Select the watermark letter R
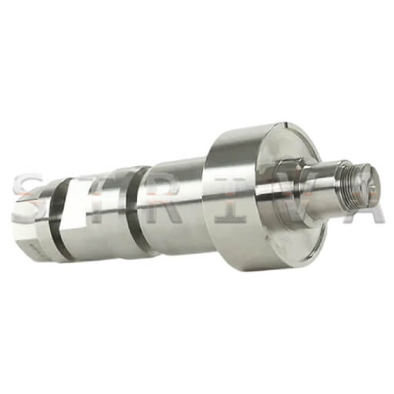click(164, 199)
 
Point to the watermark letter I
click(230, 199)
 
